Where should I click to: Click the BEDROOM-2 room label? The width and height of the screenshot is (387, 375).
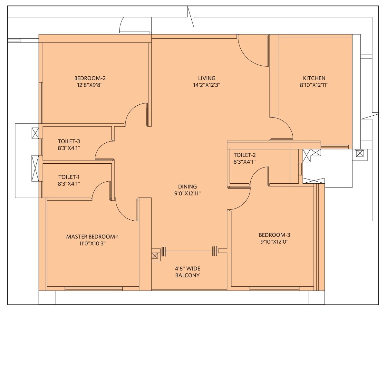pyautogui.click(x=90, y=78)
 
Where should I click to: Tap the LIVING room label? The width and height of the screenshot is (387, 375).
pyautogui.click(x=207, y=78)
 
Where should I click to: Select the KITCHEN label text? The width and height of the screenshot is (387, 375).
pyautogui.click(x=314, y=78)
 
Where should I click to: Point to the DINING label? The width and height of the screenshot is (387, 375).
pyautogui.click(x=187, y=187)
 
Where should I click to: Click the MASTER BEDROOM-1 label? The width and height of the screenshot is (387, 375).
pyautogui.click(x=92, y=236)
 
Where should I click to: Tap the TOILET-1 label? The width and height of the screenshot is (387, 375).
pyautogui.click(x=69, y=177)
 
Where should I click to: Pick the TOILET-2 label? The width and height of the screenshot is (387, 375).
pyautogui.click(x=245, y=155)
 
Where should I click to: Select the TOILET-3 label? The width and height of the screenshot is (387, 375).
pyautogui.click(x=69, y=141)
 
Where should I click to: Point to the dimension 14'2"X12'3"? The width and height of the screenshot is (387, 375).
pyautogui.click(x=207, y=85)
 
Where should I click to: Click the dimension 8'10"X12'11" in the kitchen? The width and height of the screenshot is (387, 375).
pyautogui.click(x=314, y=85)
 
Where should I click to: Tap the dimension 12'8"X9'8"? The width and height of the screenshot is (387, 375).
pyautogui.click(x=90, y=85)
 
